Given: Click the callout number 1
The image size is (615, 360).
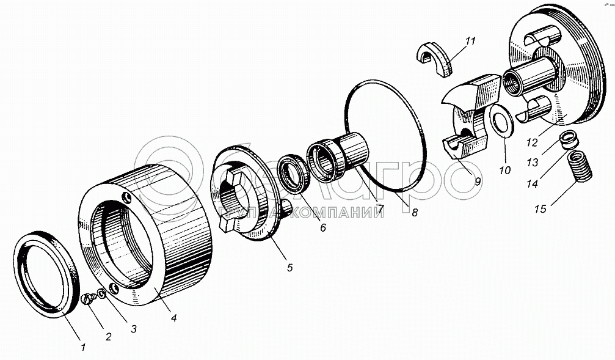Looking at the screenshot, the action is coord(83,347).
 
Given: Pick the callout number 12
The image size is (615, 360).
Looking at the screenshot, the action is coord(531,142).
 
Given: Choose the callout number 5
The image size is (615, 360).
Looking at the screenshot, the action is coord(289,267).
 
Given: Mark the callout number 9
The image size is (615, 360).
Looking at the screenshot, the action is coord(477,182).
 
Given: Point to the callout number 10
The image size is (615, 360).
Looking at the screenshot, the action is coord(504,171).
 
